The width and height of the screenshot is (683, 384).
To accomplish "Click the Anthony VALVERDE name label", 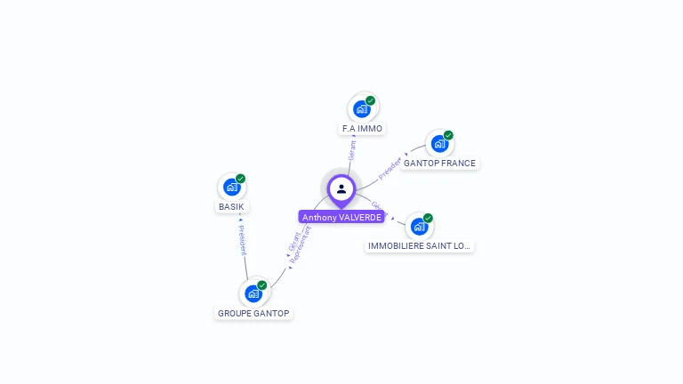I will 341,217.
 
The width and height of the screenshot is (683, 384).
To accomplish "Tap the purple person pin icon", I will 341,189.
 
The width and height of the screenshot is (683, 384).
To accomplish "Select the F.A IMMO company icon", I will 361,108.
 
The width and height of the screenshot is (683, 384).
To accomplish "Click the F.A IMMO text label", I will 362,129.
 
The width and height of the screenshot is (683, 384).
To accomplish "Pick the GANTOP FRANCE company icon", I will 438,143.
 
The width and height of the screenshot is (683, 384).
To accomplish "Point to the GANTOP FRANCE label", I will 439,164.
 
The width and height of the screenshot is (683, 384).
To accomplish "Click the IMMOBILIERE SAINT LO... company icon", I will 418,226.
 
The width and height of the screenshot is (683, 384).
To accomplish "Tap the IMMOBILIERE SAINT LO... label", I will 419,245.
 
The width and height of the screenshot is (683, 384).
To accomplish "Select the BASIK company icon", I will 231,187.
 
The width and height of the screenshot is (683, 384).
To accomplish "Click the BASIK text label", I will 231,207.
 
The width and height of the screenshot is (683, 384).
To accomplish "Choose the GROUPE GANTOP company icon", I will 253,292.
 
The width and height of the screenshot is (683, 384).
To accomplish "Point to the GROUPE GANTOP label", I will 253,313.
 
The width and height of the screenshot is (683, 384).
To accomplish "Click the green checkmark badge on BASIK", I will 240,179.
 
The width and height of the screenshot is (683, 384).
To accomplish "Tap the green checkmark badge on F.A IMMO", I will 370,100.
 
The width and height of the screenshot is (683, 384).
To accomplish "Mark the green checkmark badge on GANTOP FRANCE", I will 448,135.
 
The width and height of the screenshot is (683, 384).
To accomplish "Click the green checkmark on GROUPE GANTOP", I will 262,284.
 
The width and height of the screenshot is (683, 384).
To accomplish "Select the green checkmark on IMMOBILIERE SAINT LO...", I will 428,218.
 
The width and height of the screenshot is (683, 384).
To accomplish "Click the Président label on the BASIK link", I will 242,240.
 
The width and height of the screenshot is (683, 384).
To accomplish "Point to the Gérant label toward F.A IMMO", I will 352,150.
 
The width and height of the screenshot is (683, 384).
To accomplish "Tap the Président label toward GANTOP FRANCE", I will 390,168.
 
